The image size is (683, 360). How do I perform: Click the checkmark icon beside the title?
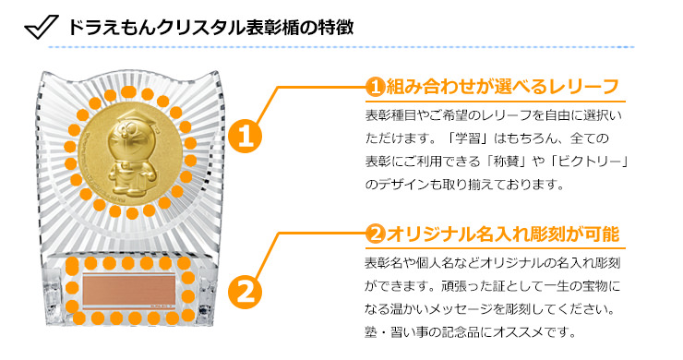[x=42, y=27]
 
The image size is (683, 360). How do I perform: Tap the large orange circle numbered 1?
[x=245, y=137]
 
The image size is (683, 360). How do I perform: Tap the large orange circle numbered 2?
[x=245, y=292]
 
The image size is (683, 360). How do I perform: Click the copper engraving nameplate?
[x=129, y=290]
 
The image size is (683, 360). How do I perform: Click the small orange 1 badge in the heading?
[x=375, y=87]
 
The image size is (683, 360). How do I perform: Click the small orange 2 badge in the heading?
[x=375, y=234]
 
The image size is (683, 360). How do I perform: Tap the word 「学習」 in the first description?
[x=468, y=138]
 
